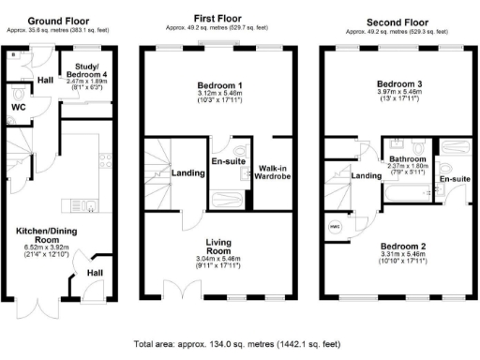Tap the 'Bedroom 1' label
pos(217,82)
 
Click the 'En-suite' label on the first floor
pos(228,161)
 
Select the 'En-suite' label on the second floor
pos(455,178)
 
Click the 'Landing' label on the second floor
pos(366,175)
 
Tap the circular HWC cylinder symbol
pos(335,225)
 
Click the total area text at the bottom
pos(239,344)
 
